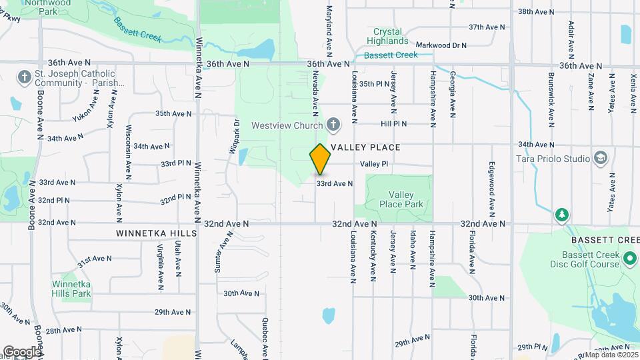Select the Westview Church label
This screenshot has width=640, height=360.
tap(288, 125)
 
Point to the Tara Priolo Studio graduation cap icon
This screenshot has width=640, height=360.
tap(601, 158)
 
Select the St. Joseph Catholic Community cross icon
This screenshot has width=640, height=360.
tap(25, 77)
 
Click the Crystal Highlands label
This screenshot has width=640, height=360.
tap(387, 36)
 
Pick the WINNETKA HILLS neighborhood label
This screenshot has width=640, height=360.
tap(156, 233)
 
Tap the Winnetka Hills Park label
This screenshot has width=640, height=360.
tap(71, 288)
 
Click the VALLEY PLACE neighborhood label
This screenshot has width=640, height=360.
tap(365, 147)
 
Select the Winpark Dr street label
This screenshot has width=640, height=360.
tap(235, 136)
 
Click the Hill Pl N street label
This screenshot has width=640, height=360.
tap(394, 123)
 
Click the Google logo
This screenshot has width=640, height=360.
tap(21, 351)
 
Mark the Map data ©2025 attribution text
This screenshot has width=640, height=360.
tap(611, 355)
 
